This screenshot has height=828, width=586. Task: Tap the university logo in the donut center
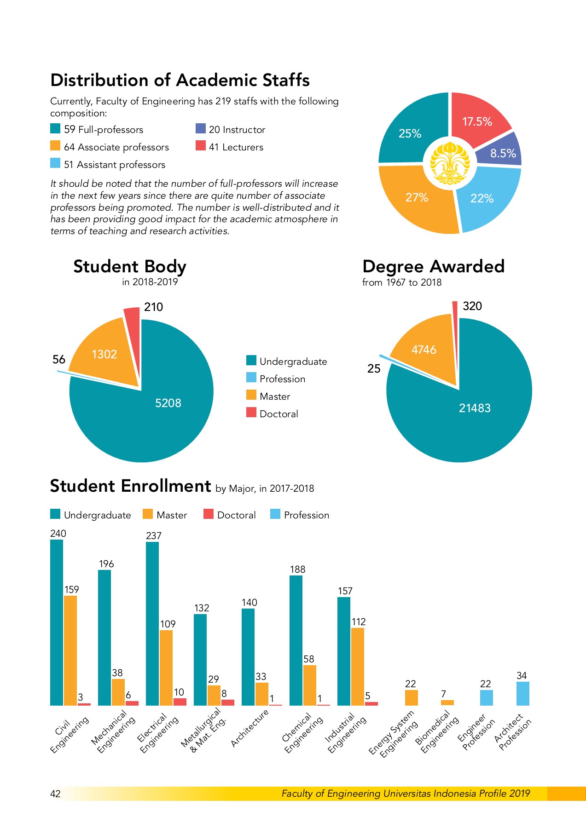pyautogui.click(x=449, y=163)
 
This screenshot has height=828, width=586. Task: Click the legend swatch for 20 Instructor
pyautogui.click(x=200, y=129)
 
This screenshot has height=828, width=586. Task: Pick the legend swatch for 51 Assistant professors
pyautogui.click(x=55, y=164)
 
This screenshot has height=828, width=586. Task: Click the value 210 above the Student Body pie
pyautogui.click(x=153, y=307)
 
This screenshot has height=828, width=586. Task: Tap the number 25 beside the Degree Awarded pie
pyautogui.click(x=374, y=368)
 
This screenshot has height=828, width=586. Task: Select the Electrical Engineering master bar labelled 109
pyautogui.click(x=166, y=667)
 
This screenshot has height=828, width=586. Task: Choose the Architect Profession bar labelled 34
pyautogui.click(x=522, y=693)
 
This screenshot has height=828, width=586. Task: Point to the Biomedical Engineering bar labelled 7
pyautogui.click(x=447, y=702)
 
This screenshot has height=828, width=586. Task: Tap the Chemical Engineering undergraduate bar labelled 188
pyautogui.click(x=296, y=640)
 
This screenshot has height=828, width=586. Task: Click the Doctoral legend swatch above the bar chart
pyautogui.click(x=209, y=514)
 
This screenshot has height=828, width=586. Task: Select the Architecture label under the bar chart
pyautogui.click(x=249, y=728)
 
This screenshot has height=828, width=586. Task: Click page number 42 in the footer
pyautogui.click(x=55, y=793)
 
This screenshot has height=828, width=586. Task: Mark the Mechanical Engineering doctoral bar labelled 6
pyautogui.click(x=132, y=703)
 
